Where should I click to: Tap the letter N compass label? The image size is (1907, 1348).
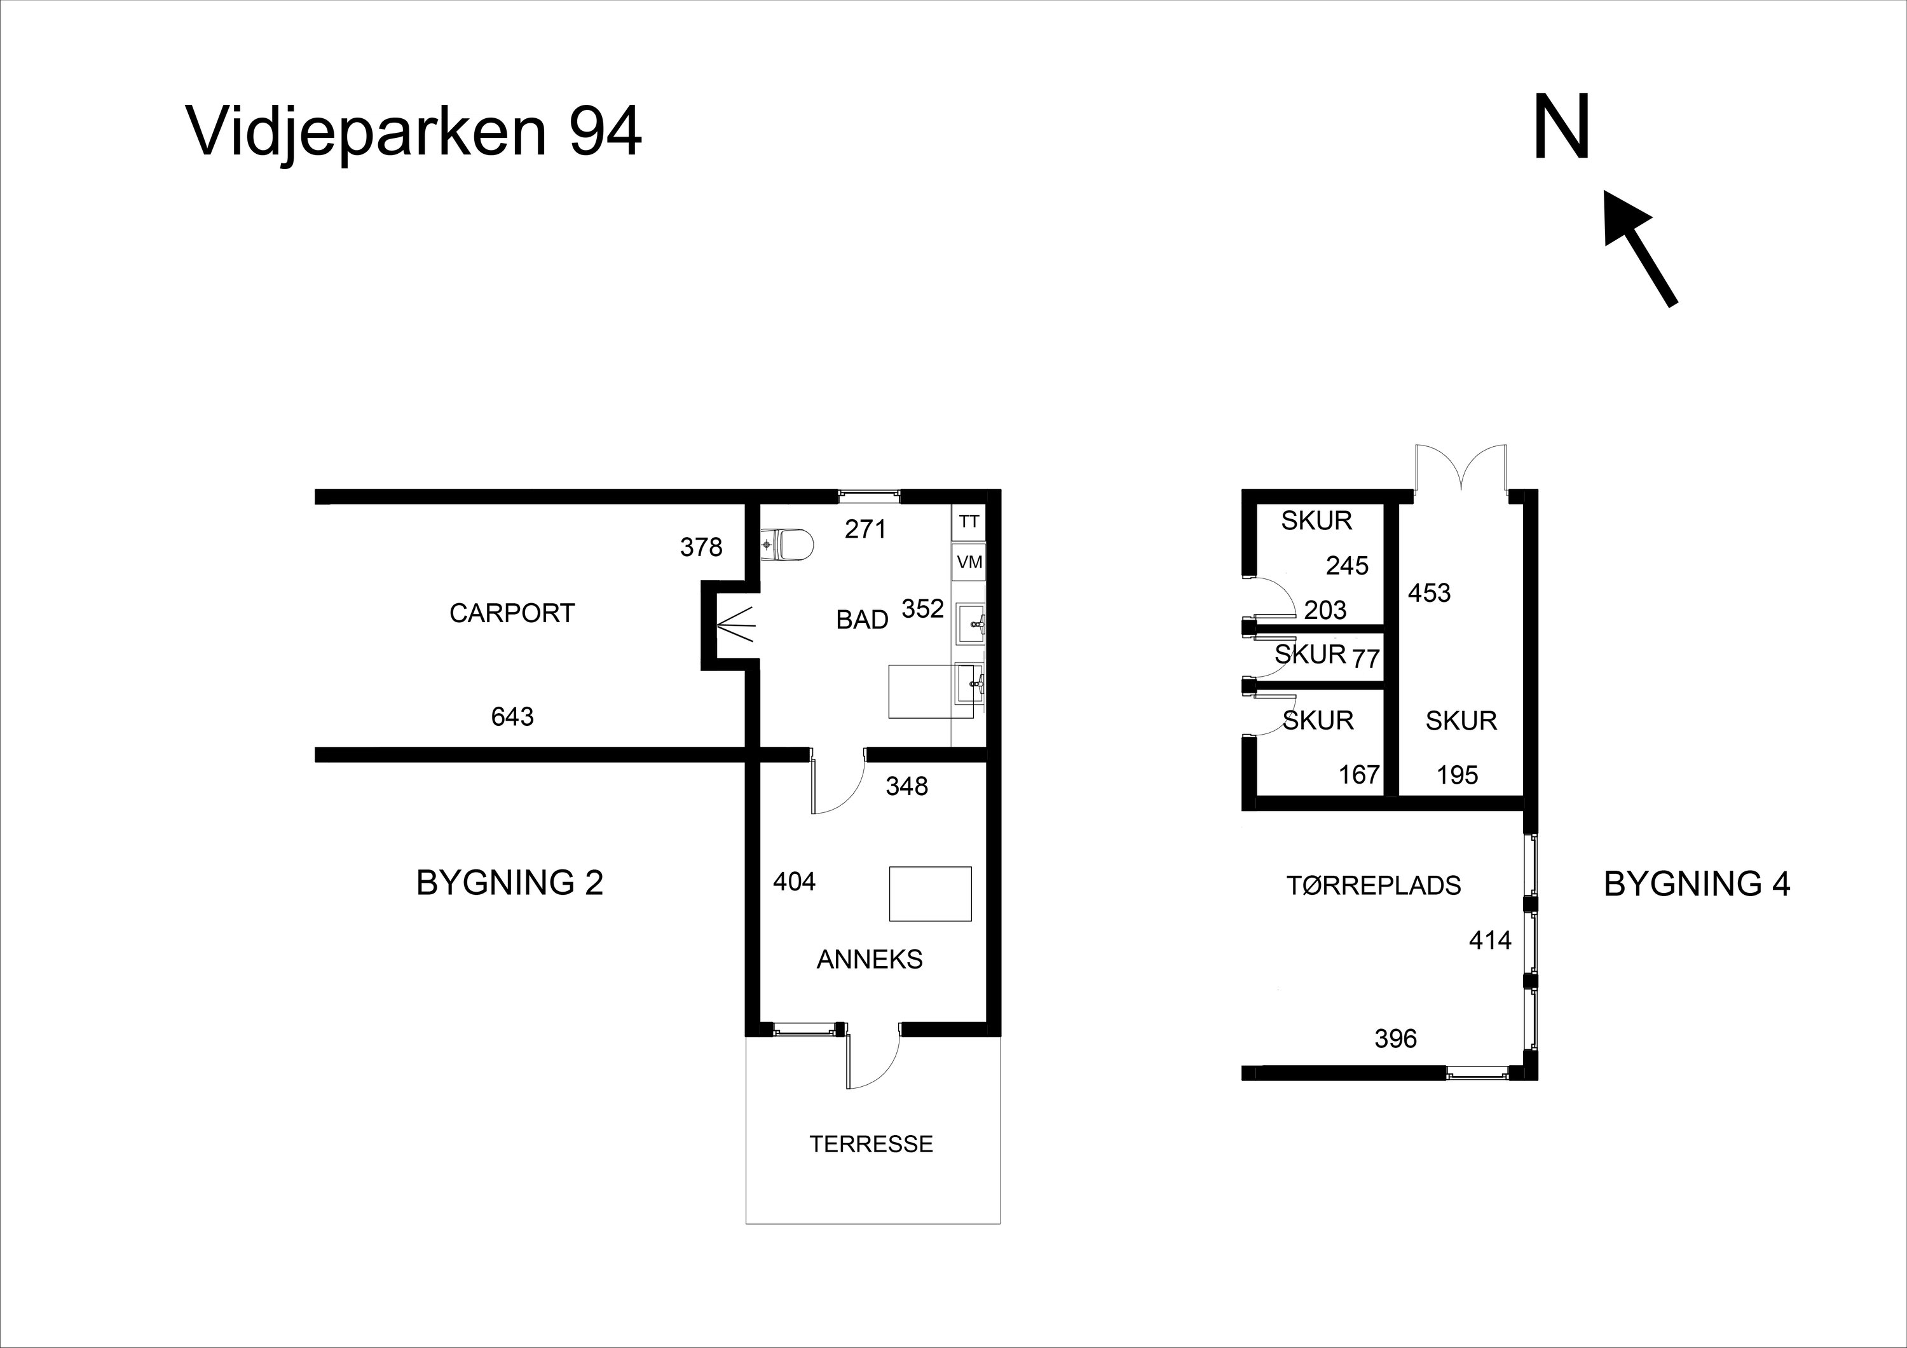click(x=1561, y=127)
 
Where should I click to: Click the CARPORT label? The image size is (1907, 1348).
click(x=512, y=613)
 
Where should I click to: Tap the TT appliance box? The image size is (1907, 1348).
click(x=969, y=522)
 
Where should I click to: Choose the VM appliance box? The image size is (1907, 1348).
click(x=969, y=562)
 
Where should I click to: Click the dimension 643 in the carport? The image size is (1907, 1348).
click(x=512, y=716)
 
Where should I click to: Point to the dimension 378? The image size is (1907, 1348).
click(x=701, y=547)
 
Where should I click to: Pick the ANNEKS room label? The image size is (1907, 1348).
click(x=870, y=959)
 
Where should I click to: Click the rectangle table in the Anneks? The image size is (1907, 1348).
click(x=930, y=894)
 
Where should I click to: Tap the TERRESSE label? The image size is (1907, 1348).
click(x=871, y=1144)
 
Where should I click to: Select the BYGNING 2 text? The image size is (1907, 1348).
click(x=509, y=883)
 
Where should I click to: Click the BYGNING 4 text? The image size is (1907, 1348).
click(x=1697, y=883)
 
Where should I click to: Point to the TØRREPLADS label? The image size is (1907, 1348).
click(x=1374, y=885)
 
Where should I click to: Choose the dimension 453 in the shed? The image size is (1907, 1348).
click(x=1430, y=593)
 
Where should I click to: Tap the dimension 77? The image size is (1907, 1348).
click(x=1366, y=658)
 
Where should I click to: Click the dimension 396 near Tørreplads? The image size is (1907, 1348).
click(x=1395, y=1038)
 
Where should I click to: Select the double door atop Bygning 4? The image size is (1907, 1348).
click(x=1462, y=472)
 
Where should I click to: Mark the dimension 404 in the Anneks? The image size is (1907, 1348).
click(x=794, y=882)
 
